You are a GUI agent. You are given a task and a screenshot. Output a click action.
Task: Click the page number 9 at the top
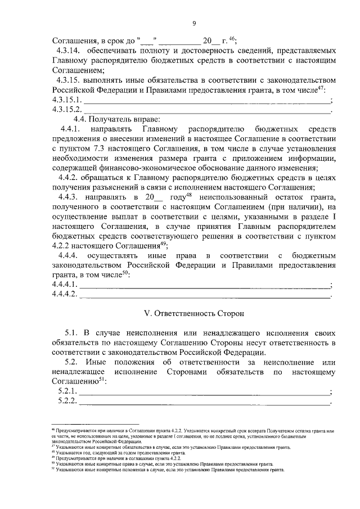(x=193, y=23)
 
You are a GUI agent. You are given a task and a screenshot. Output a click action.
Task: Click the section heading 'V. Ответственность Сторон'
(x=193, y=312)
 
